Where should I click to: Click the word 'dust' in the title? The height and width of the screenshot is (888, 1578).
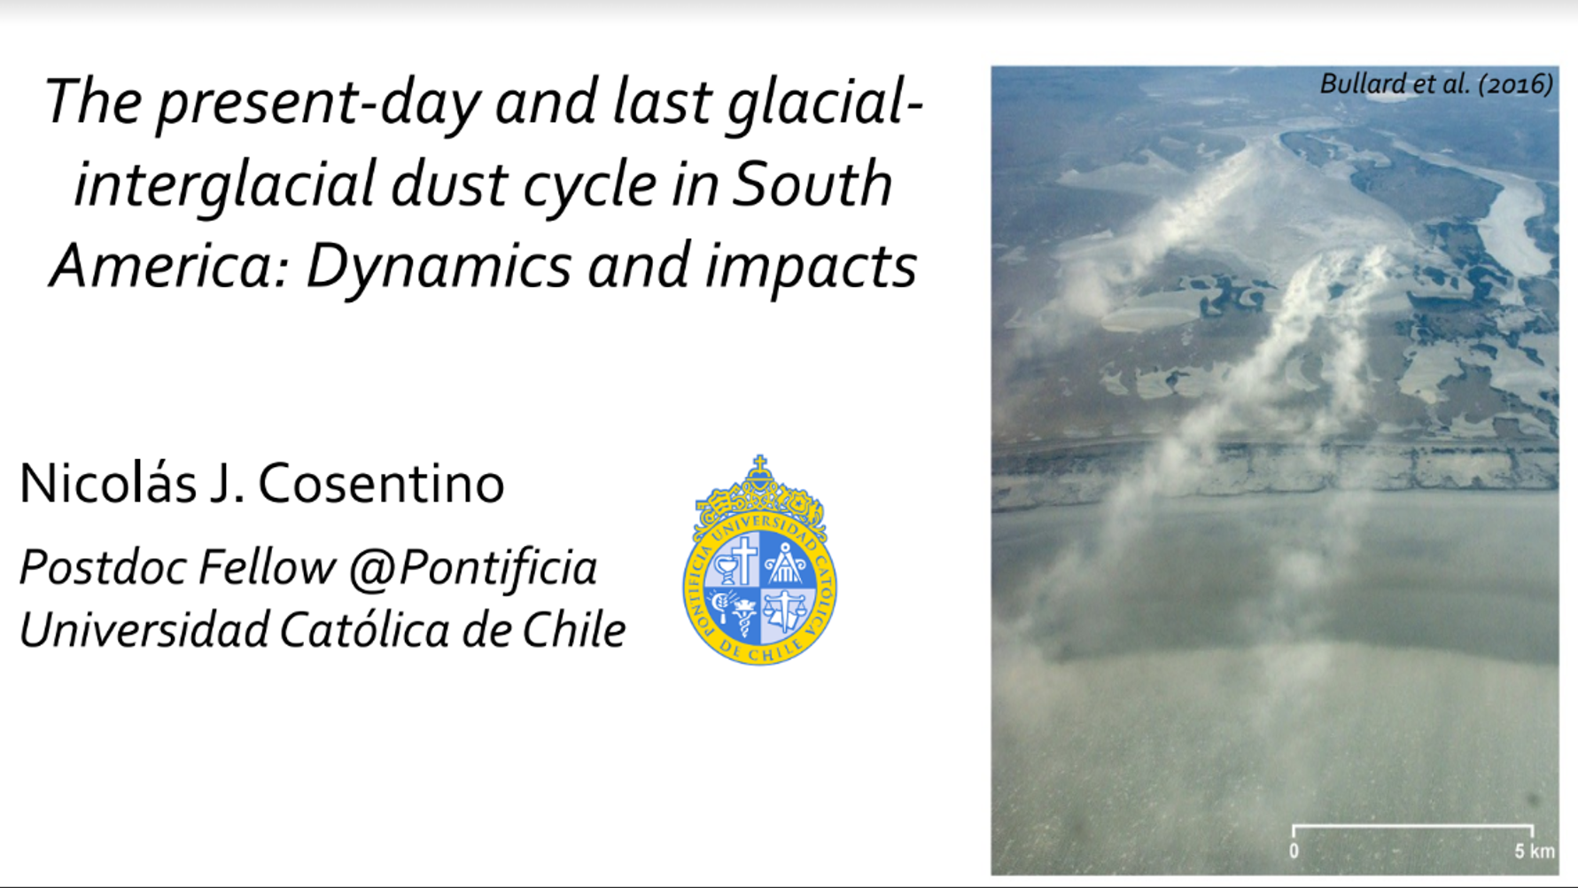[x=449, y=184]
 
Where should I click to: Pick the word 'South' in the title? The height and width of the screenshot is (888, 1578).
[x=812, y=184]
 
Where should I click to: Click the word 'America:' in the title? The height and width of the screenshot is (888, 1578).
[x=171, y=266]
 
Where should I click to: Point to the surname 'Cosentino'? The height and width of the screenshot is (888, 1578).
[x=381, y=484]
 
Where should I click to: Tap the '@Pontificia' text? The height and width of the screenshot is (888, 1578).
[x=473, y=568]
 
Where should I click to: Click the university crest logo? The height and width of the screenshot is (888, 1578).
[x=759, y=560]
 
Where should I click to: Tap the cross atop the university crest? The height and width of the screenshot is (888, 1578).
[x=759, y=463]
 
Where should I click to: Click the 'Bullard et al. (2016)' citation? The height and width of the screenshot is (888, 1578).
[x=1435, y=84]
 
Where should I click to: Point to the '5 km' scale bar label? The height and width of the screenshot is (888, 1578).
[x=1535, y=852]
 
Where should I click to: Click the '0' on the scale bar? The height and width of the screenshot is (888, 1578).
[x=1294, y=852]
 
